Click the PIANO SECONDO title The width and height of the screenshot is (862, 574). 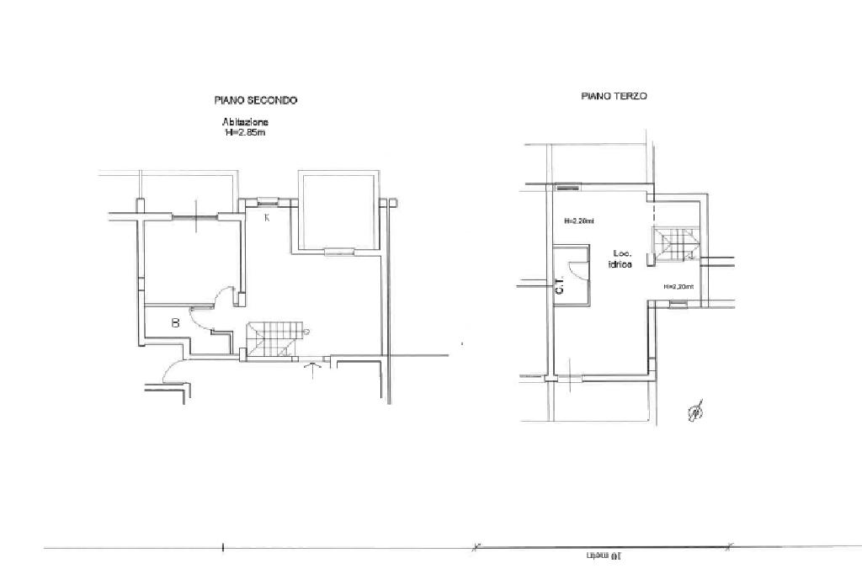coord(256,100)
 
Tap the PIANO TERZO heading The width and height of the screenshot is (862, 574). coord(614,97)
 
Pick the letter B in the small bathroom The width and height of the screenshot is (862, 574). coord(175,322)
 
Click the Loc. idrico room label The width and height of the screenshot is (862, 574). coord(622,258)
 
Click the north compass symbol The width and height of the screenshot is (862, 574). coord(696,412)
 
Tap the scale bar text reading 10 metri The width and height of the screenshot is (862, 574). coord(603,556)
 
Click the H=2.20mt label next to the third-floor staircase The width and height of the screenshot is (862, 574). coord(678,287)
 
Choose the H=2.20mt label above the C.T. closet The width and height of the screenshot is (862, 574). coord(579,221)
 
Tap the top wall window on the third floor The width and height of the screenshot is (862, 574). coord(568,187)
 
